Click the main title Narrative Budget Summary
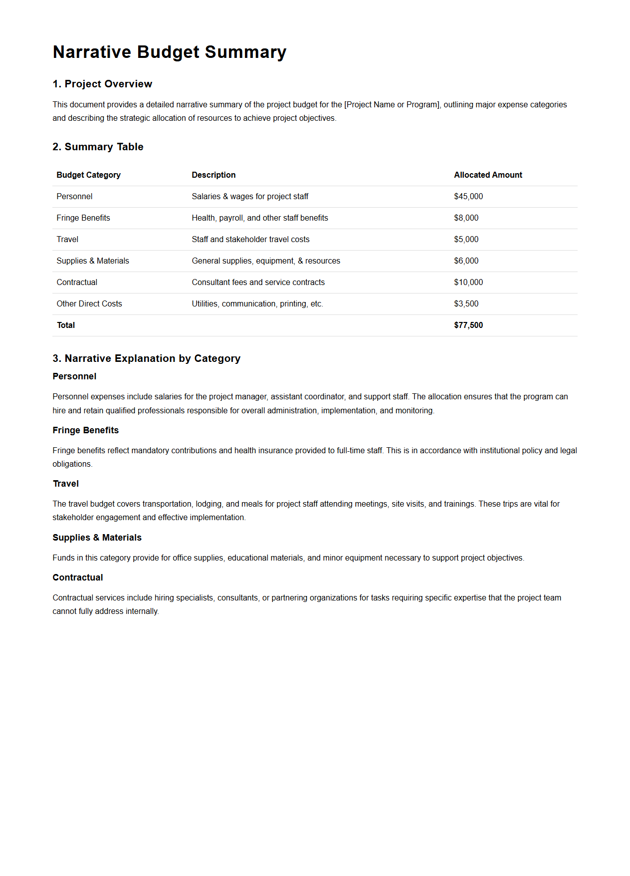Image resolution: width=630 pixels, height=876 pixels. [x=170, y=52]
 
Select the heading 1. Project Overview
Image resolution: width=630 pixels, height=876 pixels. [x=102, y=84]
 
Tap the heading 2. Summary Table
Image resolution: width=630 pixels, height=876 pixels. [x=98, y=147]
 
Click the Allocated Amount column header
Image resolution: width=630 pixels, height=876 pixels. [x=488, y=175]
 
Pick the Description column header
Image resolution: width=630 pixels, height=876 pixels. [x=213, y=175]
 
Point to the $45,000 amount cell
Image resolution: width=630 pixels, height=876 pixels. [x=468, y=197]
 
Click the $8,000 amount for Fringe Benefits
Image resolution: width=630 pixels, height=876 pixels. [x=466, y=218]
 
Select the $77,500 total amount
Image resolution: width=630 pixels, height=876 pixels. [x=468, y=325]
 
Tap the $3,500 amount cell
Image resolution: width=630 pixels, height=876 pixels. [x=466, y=304]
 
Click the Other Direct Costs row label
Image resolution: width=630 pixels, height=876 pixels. [x=89, y=304]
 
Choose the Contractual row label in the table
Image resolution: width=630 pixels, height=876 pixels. [x=77, y=283]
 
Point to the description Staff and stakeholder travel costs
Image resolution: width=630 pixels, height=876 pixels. [x=250, y=240]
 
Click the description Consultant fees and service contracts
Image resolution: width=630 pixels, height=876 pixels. [x=258, y=283]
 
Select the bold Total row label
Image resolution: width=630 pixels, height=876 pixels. [x=66, y=325]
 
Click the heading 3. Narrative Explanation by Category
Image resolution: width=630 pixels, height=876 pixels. [x=147, y=358]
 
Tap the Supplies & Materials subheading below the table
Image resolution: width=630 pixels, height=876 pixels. [x=97, y=538]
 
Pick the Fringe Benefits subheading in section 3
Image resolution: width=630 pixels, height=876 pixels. [x=85, y=430]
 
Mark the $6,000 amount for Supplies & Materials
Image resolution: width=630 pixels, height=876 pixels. [x=466, y=261]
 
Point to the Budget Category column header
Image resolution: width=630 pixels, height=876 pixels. [x=88, y=175]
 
